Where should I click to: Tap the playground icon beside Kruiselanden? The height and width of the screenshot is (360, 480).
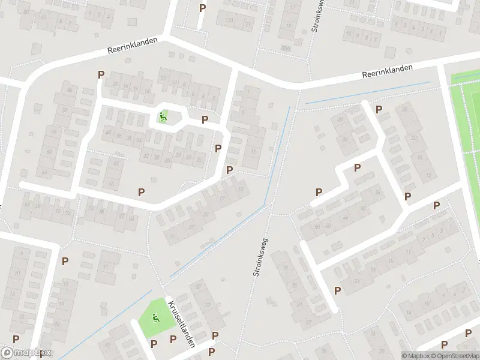pos(156,318)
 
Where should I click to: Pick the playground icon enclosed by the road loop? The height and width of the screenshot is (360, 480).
pos(162,116)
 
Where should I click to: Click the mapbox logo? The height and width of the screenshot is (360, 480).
pos(26,353)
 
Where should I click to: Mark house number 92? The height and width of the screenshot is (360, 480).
pos(109,345)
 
